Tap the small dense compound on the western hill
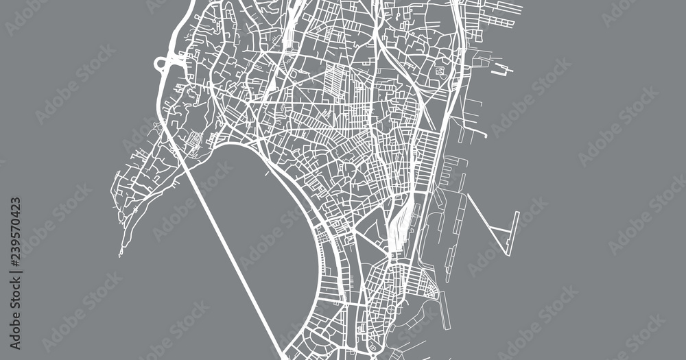pos(194,141)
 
